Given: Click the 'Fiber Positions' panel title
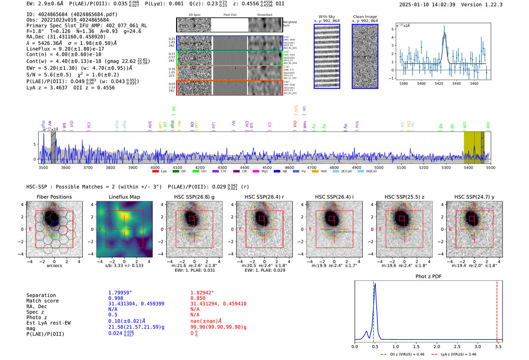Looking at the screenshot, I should pos(54,197).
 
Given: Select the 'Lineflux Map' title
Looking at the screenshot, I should pos(124,197).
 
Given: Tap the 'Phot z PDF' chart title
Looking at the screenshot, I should pos(428,277).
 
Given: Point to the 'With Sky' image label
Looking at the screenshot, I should pos(326,17).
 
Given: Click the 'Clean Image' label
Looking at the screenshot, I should pos(365,17).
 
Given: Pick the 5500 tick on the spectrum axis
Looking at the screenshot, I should pos(490,168).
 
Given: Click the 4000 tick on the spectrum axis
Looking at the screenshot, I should pos(155,168).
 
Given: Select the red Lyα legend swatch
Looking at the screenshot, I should pos(155,172).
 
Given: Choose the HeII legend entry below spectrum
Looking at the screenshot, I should pos(320,172).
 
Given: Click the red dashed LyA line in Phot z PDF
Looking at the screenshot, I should pos(497,310).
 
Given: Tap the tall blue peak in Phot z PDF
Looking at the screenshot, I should pos(375,287).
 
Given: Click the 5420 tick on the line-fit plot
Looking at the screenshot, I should pos(439,83).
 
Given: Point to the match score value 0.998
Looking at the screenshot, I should pos(116,298).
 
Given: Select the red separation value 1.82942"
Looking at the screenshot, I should pos(202,293).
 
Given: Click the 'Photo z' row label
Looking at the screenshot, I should pos(37,317).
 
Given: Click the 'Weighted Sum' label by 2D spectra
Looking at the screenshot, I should pos(290,23).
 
